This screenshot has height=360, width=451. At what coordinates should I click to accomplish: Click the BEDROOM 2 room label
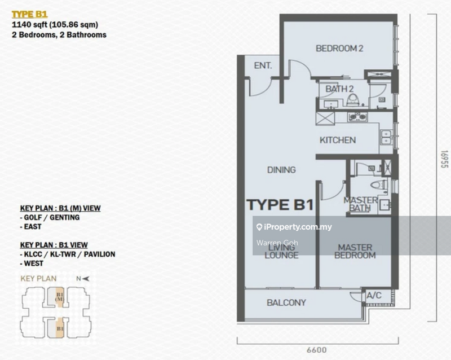[339, 49]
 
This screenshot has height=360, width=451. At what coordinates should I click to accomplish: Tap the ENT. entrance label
[263, 65]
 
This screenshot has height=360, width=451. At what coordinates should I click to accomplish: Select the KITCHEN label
[338, 141]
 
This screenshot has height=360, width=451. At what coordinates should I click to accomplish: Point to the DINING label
[281, 170]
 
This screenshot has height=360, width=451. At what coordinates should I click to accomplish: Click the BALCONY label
[286, 302]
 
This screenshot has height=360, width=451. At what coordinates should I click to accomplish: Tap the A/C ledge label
[374, 296]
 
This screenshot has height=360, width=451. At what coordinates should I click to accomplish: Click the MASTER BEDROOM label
[355, 252]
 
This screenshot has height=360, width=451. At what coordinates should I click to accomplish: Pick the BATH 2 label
[339, 89]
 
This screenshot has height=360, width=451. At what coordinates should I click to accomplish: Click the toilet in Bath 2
[353, 100]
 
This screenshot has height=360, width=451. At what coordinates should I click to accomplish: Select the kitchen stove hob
[357, 117]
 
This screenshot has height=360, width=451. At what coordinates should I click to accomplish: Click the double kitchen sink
[386, 137]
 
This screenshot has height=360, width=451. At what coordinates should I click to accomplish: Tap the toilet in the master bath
[379, 185]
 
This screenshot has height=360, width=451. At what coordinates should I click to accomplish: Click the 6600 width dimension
[316, 350]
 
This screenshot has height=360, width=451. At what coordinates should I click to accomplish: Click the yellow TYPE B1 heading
[30, 15]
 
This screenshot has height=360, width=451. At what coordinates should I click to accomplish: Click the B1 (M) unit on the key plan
[60, 297]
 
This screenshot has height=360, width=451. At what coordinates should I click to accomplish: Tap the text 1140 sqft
[30, 25]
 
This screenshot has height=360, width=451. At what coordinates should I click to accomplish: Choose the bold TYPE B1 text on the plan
[280, 205]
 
